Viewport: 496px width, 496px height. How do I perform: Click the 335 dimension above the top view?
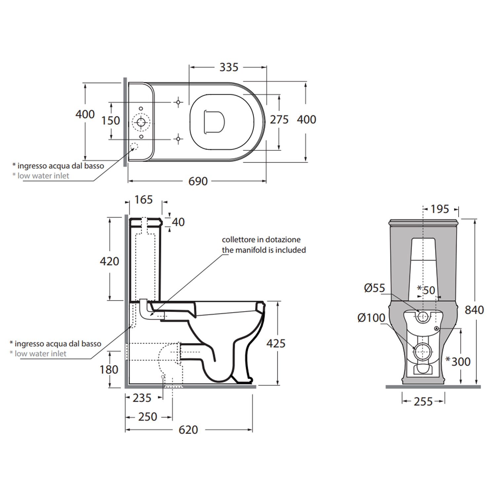click(229, 67)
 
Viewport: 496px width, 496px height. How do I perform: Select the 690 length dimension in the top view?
click(198, 181)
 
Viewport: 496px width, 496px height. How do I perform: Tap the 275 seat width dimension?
click(279, 120)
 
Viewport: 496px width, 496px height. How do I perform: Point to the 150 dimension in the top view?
click(111, 121)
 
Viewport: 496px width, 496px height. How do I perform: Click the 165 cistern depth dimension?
click(144, 200)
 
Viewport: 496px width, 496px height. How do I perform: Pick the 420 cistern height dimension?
click(109, 262)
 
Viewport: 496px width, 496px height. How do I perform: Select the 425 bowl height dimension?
click(276, 344)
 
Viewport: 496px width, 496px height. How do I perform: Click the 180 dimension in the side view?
click(109, 370)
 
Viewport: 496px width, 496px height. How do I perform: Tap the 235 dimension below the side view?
click(142, 398)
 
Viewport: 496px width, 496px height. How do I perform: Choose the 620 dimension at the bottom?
click(188, 430)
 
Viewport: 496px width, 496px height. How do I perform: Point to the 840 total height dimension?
click(474, 310)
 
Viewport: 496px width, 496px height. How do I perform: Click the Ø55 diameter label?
click(375, 288)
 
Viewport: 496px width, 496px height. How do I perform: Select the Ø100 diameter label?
click(371, 318)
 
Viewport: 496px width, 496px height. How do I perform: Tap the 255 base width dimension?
click(423, 402)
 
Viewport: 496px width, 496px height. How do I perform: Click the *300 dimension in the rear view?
click(458, 361)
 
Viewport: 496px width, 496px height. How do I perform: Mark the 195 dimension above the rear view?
click(440, 209)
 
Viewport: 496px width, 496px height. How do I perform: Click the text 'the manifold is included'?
click(264, 250)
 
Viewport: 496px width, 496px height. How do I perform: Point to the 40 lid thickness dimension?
click(178, 222)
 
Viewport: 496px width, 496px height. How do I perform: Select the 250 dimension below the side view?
click(147, 417)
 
